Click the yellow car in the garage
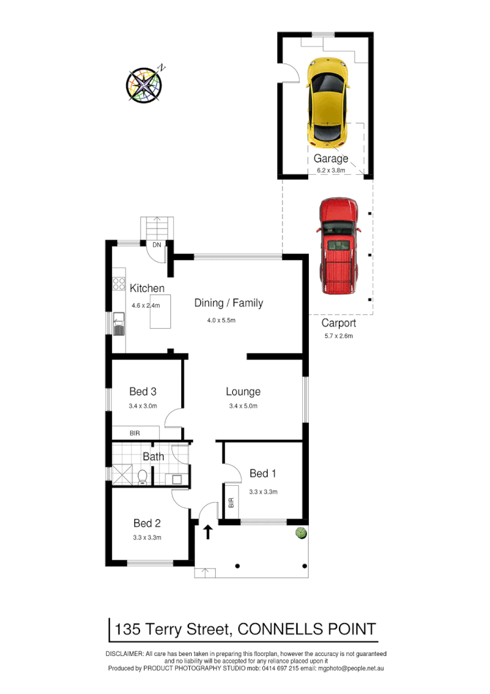pyautogui.click(x=326, y=101)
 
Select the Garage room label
pyautogui.click(x=330, y=158)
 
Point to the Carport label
pyautogui.click(x=338, y=323)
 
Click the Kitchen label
pyautogui.click(x=147, y=288)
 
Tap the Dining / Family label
pyautogui.click(x=228, y=303)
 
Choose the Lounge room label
pyautogui.click(x=243, y=392)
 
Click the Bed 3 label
pyautogui.click(x=143, y=392)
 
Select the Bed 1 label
pyautogui.click(x=263, y=473)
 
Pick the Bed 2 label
pyautogui.click(x=147, y=523)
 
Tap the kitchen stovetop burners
pyautogui.click(x=119, y=283)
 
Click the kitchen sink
pyautogui.click(x=119, y=323)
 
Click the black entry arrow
pyautogui.click(x=209, y=531)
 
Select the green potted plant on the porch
pyautogui.click(x=300, y=532)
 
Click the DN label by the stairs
pyautogui.click(x=157, y=245)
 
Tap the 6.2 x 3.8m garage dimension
pyautogui.click(x=330, y=170)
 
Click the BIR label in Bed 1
pyautogui.click(x=231, y=503)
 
